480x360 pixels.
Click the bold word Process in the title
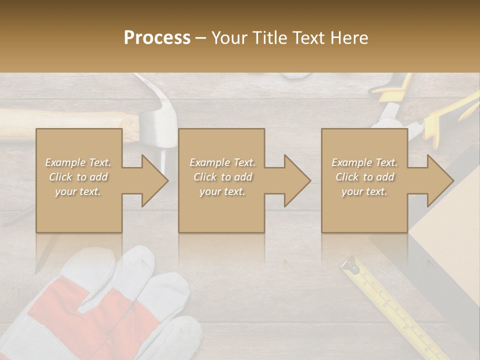(x=157, y=38)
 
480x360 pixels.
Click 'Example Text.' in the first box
(x=78, y=162)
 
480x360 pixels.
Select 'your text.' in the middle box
(x=222, y=191)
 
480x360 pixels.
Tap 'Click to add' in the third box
(x=365, y=177)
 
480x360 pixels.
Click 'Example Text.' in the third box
(x=365, y=162)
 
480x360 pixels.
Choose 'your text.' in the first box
(x=78, y=191)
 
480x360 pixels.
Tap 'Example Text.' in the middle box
(x=222, y=162)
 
